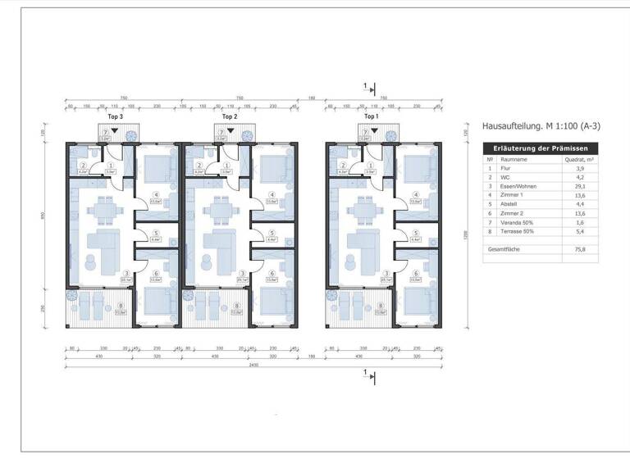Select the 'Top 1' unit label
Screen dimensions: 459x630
pyautogui.click(x=372, y=117)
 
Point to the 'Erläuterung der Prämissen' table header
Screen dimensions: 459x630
pyautogui.click(x=541, y=148)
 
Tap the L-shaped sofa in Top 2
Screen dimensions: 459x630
pyautogui.click(x=219, y=243)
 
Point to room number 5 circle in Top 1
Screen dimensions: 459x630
pyautogui.click(x=416, y=233)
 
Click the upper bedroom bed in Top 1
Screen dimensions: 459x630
pyautogui.click(x=419, y=170)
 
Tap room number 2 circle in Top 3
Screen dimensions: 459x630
pyautogui.click(x=84, y=165)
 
